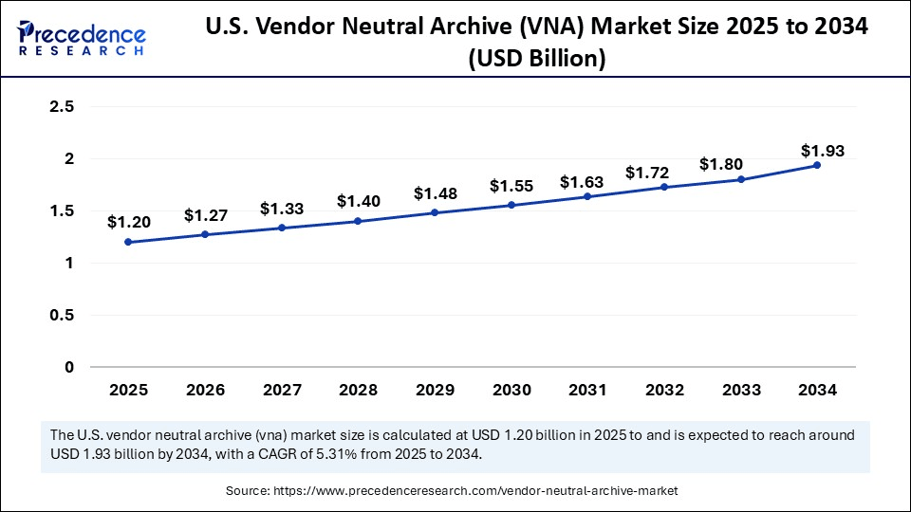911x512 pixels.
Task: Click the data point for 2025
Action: pos(128,242)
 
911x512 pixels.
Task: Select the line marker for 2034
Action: pos(817,166)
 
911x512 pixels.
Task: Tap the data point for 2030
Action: pos(511,205)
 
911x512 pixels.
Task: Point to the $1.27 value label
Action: pos(204,215)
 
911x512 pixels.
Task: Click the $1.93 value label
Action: pos(822,150)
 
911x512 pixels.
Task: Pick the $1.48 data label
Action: pos(434,193)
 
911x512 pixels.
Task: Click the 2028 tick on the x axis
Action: pos(358,390)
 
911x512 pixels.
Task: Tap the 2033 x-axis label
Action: pos(740,390)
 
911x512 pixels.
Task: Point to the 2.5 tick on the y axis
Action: pos(62,107)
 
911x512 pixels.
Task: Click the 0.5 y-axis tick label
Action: pos(62,315)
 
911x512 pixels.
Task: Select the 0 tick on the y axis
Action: pos(69,367)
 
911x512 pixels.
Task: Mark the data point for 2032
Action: pos(664,187)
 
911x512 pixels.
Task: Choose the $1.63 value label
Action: pos(580,182)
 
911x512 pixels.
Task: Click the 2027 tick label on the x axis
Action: pos(281,390)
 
